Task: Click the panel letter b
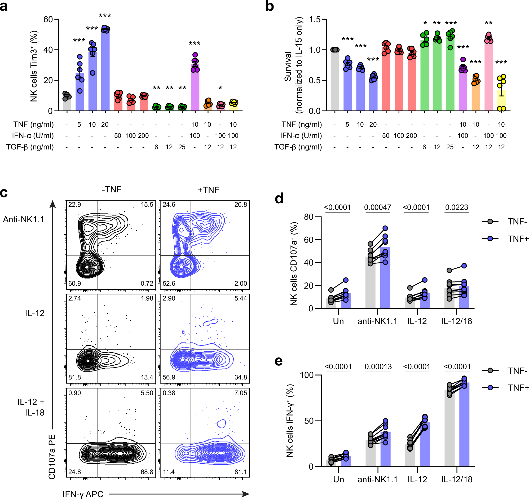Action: pos(269,6)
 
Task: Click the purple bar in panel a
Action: pos(195,88)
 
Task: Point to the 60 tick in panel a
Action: pos(48,19)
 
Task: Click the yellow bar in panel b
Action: pos(501,101)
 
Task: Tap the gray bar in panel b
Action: pos(335,80)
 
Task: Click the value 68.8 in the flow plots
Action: pos(147,472)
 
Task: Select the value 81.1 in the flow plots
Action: pos(241,472)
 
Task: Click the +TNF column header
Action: pos(209,190)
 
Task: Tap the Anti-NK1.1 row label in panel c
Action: pos(23,220)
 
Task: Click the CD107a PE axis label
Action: pos(52,457)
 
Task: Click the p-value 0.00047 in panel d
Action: pos(378,207)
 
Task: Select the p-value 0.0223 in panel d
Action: pos(457,207)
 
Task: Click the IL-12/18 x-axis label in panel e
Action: pos(457,479)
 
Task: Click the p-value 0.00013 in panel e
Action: pos(378,367)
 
